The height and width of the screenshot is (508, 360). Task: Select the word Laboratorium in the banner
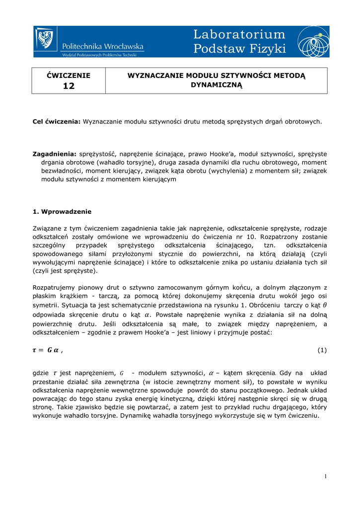[x=239, y=34]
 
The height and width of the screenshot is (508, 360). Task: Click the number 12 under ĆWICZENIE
[x=68, y=86]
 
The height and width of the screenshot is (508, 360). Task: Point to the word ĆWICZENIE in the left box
[x=69, y=75]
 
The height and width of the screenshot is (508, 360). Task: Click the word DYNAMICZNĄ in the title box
[x=216, y=85]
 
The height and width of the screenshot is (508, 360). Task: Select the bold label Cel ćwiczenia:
[x=57, y=121]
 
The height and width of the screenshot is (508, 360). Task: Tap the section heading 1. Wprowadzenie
[x=62, y=211]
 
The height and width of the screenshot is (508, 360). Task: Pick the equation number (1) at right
[x=322, y=350]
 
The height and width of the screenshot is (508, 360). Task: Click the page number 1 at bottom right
[x=325, y=477]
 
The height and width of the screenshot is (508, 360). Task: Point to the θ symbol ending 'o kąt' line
[x=325, y=304]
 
